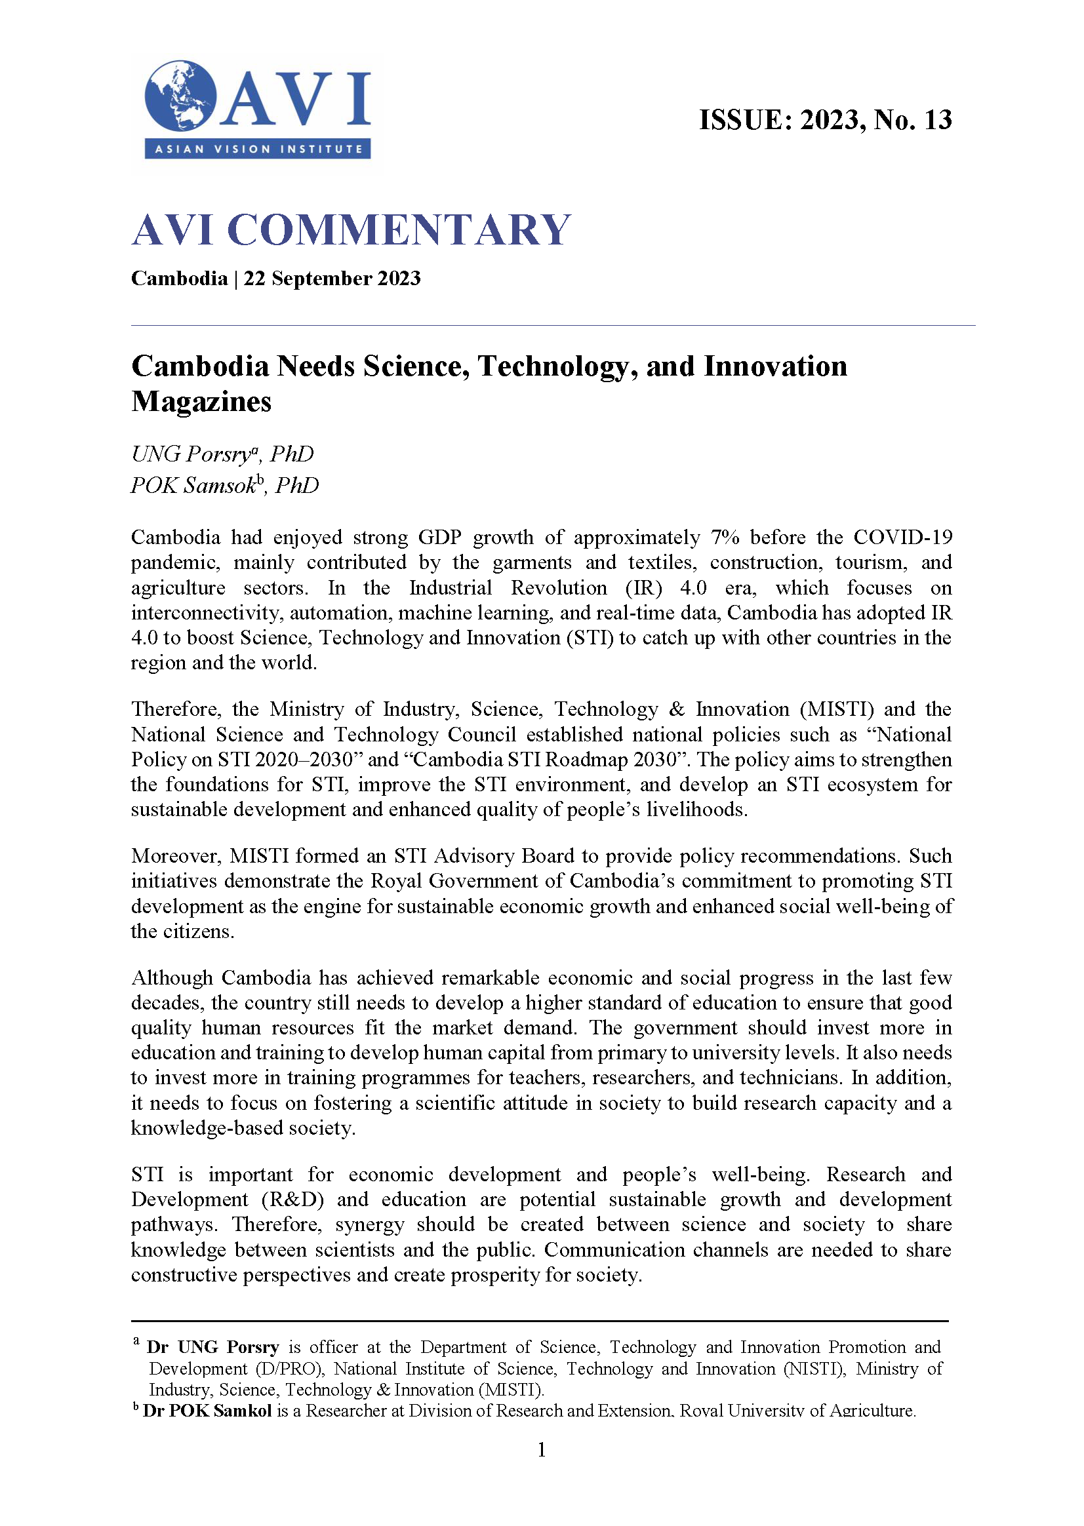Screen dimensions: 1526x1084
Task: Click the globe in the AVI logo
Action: tap(180, 96)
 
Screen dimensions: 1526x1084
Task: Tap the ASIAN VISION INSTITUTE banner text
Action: tap(258, 149)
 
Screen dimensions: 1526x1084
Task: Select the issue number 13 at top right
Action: tap(937, 120)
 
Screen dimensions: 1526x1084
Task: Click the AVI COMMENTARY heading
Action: tap(351, 229)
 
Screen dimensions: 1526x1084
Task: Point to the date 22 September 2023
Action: tap(332, 278)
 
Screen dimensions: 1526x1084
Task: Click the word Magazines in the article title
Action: tap(201, 402)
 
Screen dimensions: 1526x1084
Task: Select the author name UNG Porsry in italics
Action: tap(190, 454)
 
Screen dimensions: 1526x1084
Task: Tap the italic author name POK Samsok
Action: tap(193, 485)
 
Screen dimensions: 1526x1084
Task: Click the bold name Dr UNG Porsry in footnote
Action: tap(213, 1347)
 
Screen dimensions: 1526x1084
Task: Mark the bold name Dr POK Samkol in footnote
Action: tap(207, 1411)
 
